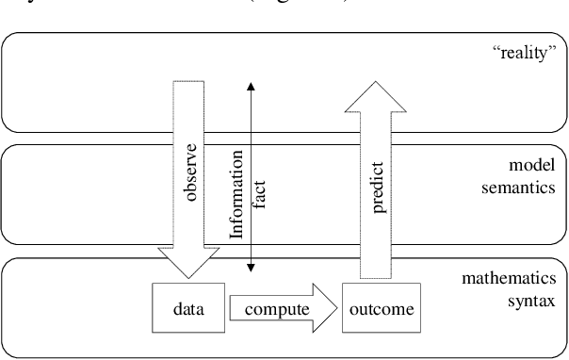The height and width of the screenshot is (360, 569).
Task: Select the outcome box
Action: point(380,308)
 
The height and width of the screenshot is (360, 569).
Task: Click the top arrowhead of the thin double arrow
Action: point(251,87)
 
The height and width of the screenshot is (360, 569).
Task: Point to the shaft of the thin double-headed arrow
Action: point(251,123)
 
